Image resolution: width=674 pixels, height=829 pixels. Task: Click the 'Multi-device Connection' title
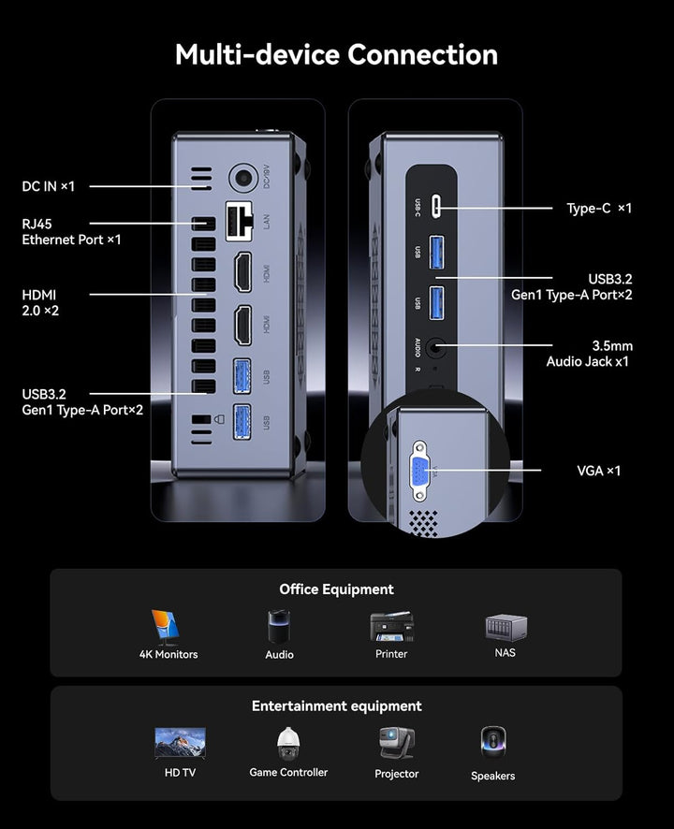click(336, 54)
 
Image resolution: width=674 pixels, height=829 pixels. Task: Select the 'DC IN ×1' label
click(48, 186)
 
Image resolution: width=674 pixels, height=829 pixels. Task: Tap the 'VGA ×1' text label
click(598, 471)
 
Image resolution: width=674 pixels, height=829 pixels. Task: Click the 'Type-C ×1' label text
click(599, 209)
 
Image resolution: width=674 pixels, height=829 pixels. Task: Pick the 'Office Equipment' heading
click(336, 589)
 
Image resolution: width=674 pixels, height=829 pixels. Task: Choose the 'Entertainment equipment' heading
click(336, 706)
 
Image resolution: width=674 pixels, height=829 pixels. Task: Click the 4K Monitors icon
click(168, 627)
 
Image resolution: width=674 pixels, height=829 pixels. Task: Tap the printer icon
click(391, 627)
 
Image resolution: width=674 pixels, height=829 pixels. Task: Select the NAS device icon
click(505, 628)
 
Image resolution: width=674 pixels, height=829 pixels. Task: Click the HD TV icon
click(180, 745)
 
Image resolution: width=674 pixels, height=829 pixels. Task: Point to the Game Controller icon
click(288, 745)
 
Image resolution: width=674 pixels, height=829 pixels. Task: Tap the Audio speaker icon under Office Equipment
click(279, 627)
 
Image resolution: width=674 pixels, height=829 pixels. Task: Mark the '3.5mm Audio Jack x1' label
click(588, 353)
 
